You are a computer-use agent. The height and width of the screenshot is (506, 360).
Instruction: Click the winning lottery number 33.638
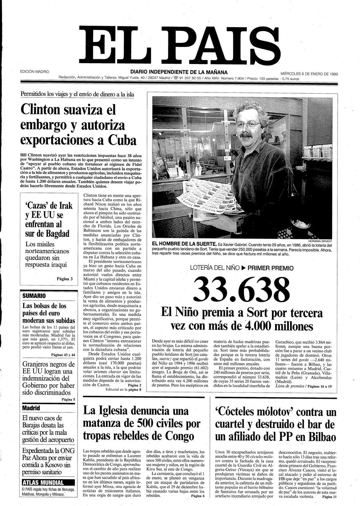[242, 289]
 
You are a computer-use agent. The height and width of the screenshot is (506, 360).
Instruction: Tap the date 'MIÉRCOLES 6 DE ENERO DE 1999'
[309, 74]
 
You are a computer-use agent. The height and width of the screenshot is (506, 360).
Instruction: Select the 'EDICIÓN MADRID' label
[35, 72]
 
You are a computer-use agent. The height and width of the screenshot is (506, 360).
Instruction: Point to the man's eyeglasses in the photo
[249, 125]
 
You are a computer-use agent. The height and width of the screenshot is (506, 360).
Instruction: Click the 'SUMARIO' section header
[34, 296]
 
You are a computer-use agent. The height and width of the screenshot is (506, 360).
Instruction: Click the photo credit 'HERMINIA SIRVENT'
[320, 241]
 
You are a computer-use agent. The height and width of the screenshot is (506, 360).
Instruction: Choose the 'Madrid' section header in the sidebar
[31, 408]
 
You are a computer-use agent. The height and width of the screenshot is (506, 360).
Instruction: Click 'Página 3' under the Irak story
[64, 279]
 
